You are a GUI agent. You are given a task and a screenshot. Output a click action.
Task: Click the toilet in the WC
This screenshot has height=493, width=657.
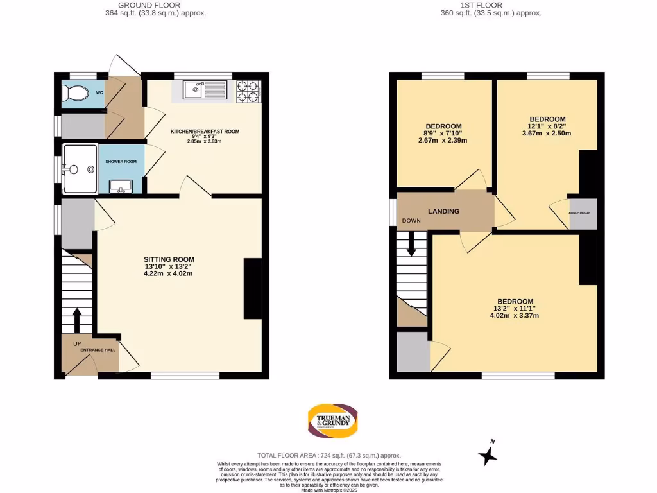[x=76, y=94]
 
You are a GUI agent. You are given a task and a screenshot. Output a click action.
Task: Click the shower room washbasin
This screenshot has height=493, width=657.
[x=121, y=186]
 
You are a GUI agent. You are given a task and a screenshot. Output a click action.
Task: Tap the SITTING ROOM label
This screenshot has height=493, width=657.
[x=168, y=260]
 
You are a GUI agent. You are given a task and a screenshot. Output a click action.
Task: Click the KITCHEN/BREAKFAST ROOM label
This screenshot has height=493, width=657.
[x=204, y=132]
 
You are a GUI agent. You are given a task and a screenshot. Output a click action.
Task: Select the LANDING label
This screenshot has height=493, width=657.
[x=443, y=211]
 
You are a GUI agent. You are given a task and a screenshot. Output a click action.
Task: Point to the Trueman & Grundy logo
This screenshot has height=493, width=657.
[x=333, y=420]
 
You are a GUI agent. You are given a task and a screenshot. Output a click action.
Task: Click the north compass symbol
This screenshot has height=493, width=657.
[x=489, y=454]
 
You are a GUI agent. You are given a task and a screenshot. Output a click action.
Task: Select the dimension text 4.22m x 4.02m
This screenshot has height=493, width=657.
[x=168, y=273]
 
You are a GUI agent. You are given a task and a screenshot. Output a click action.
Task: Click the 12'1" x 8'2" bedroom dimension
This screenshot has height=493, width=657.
[x=547, y=126]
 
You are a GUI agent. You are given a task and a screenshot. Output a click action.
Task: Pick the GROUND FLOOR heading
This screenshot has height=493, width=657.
[x=155, y=4]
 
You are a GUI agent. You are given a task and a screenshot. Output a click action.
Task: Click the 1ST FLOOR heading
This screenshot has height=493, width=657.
[x=491, y=4]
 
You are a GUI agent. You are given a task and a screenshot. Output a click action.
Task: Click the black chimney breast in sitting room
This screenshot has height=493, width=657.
[x=252, y=288]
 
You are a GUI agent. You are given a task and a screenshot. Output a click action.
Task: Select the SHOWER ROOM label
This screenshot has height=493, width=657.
[x=121, y=162]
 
